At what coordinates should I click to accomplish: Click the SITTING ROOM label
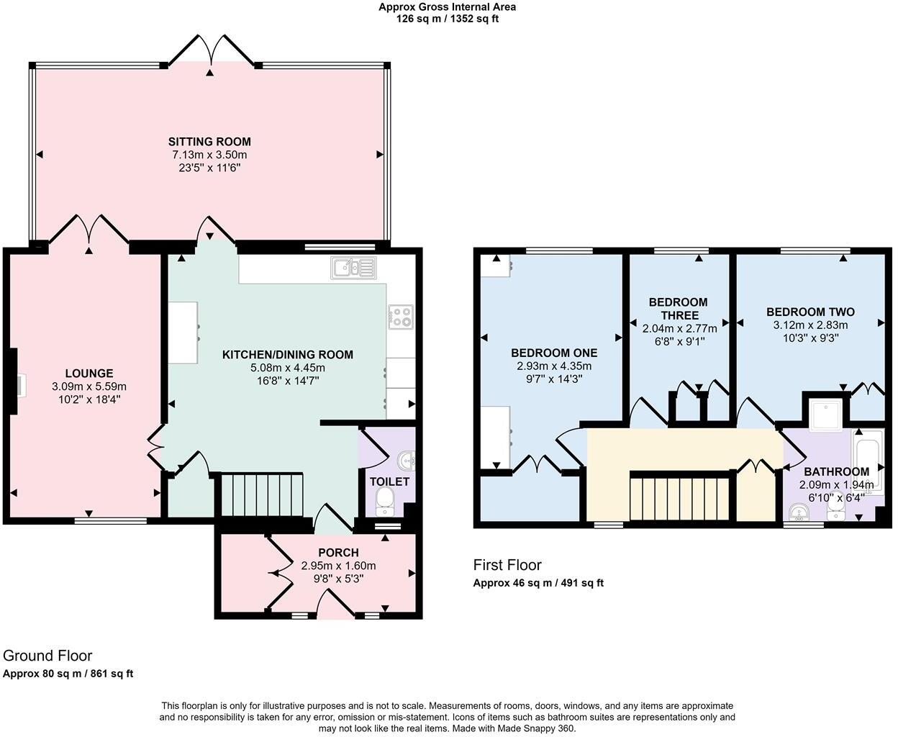pyautogui.click(x=209, y=142)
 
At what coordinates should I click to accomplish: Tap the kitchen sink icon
pyautogui.click(x=353, y=268)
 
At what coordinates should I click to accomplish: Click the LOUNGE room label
pyautogui.click(x=89, y=373)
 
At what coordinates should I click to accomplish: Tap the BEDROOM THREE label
pyautogui.click(x=678, y=309)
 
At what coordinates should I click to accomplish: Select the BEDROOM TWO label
pyautogui.click(x=810, y=312)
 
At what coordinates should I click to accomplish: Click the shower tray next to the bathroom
pyautogui.click(x=825, y=412)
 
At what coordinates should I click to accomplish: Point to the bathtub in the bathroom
pyautogui.click(x=867, y=458)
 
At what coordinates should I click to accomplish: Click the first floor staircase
pyautogui.click(x=681, y=497)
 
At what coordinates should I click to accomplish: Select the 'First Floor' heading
pyautogui.click(x=507, y=565)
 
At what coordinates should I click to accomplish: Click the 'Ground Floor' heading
pyautogui.click(x=47, y=656)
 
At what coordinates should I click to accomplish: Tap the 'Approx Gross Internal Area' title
pyautogui.click(x=447, y=7)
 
